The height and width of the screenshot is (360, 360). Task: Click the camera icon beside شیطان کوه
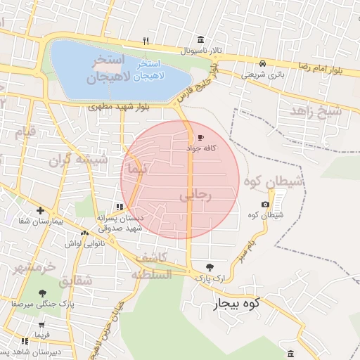click(265, 205)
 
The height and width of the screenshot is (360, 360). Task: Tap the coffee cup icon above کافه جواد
click(202, 138)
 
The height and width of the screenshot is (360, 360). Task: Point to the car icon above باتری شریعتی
click(262, 63)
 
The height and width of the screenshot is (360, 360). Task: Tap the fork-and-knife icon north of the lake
click(146, 40)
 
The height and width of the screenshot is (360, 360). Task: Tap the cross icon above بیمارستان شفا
click(40, 210)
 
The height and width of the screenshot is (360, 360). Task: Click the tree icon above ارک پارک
click(210, 266)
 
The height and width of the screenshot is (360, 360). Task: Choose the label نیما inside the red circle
click(134, 169)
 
